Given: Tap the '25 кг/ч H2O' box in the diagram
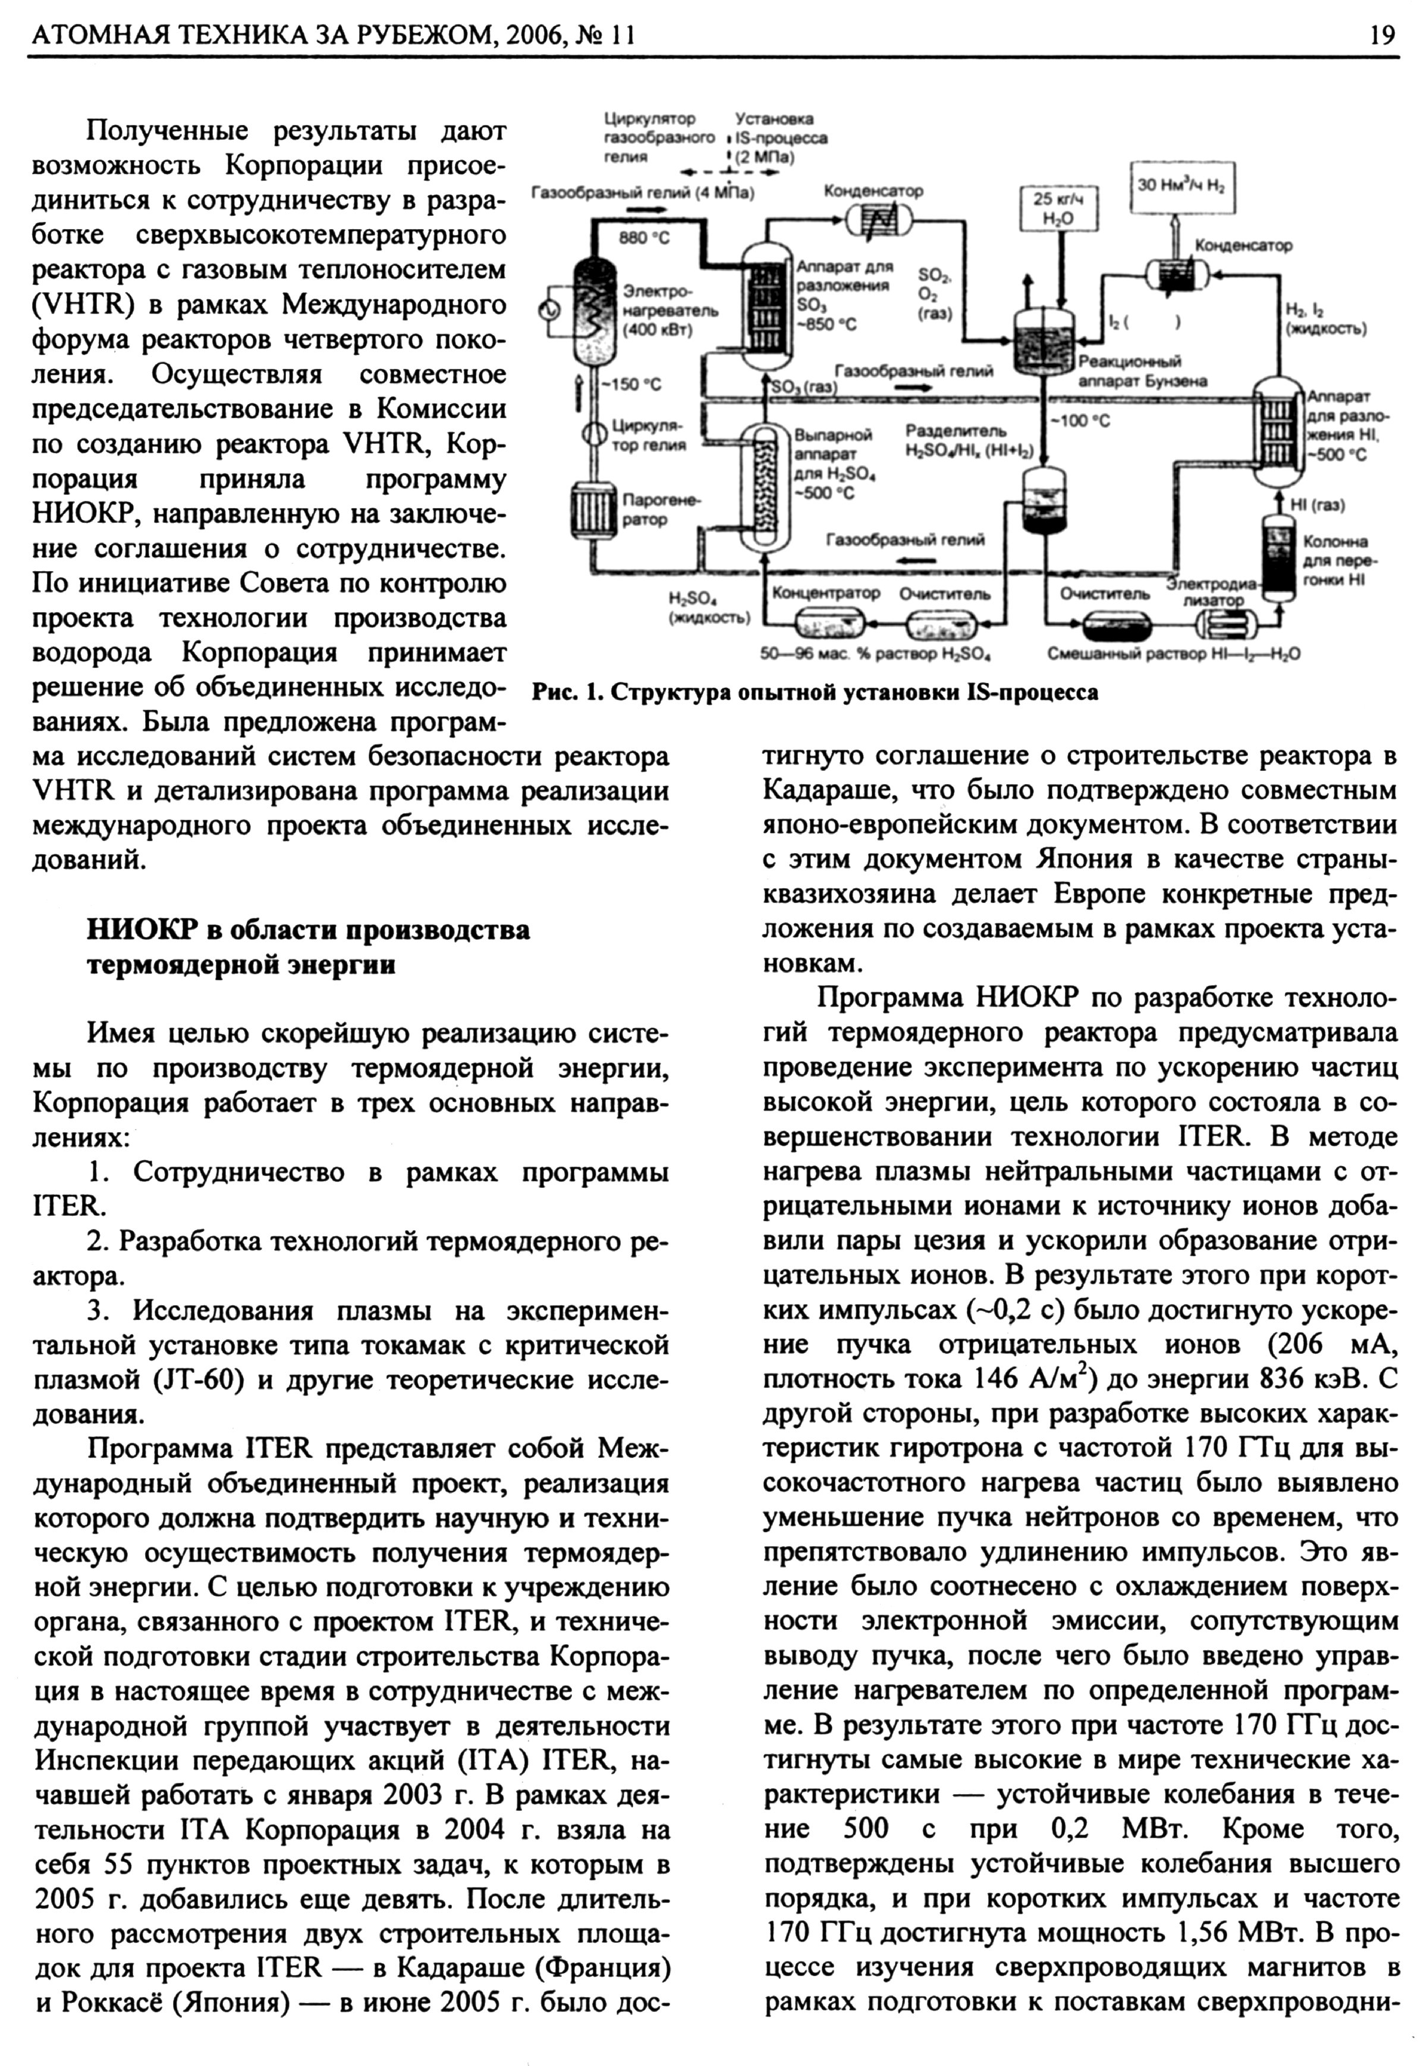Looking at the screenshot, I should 1060,208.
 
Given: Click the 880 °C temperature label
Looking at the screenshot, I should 644,238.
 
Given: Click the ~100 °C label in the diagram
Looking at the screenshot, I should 1081,421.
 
